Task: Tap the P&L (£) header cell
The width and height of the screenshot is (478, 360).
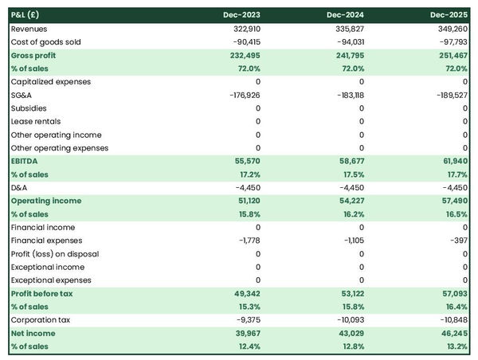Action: tap(28, 15)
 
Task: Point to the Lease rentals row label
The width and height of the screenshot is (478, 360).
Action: tap(34, 121)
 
